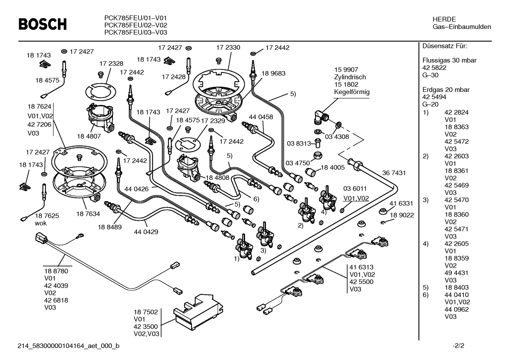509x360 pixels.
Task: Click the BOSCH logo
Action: (42, 24)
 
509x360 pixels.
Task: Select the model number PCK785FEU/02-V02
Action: (136, 25)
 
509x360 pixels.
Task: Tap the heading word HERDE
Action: (444, 19)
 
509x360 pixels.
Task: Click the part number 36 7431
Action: (394, 173)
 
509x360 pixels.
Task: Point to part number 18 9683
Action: (273, 73)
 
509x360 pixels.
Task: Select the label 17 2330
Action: (228, 47)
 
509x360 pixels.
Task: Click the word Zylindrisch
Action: (350, 77)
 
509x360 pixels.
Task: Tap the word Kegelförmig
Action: (352, 92)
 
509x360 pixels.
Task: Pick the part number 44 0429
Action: (146, 232)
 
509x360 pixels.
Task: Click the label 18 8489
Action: (110, 227)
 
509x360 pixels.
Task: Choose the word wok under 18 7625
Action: (41, 223)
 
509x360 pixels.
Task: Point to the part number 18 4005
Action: (333, 167)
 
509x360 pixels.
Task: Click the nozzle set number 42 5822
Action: (434, 68)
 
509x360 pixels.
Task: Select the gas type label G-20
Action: (430, 104)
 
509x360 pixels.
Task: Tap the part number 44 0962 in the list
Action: (456, 309)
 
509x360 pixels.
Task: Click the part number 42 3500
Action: (145, 326)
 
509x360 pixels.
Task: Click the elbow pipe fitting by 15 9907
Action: (320, 116)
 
